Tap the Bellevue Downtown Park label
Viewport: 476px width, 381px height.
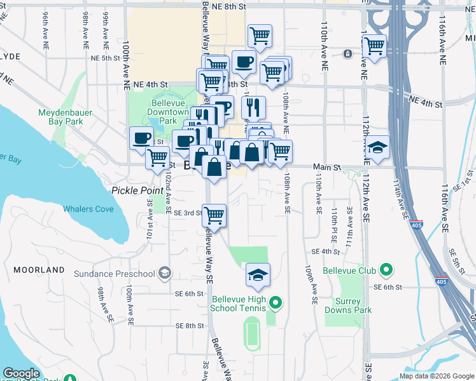[168, 112]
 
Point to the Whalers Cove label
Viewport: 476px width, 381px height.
[88, 209]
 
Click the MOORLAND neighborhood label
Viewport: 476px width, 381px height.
[38, 270]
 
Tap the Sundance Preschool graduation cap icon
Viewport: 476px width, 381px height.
[165, 274]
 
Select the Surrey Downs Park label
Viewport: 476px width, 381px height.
[347, 306]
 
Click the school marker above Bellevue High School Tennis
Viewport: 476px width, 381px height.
[258, 275]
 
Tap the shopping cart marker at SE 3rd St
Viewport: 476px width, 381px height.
[214, 215]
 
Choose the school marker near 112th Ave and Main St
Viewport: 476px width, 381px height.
[378, 149]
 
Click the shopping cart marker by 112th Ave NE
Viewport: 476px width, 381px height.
[374, 46]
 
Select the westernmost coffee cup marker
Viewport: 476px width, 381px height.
[141, 138]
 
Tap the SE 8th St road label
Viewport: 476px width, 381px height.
[192, 326]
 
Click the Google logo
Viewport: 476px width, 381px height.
[21, 373]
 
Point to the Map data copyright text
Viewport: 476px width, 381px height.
[436, 375]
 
